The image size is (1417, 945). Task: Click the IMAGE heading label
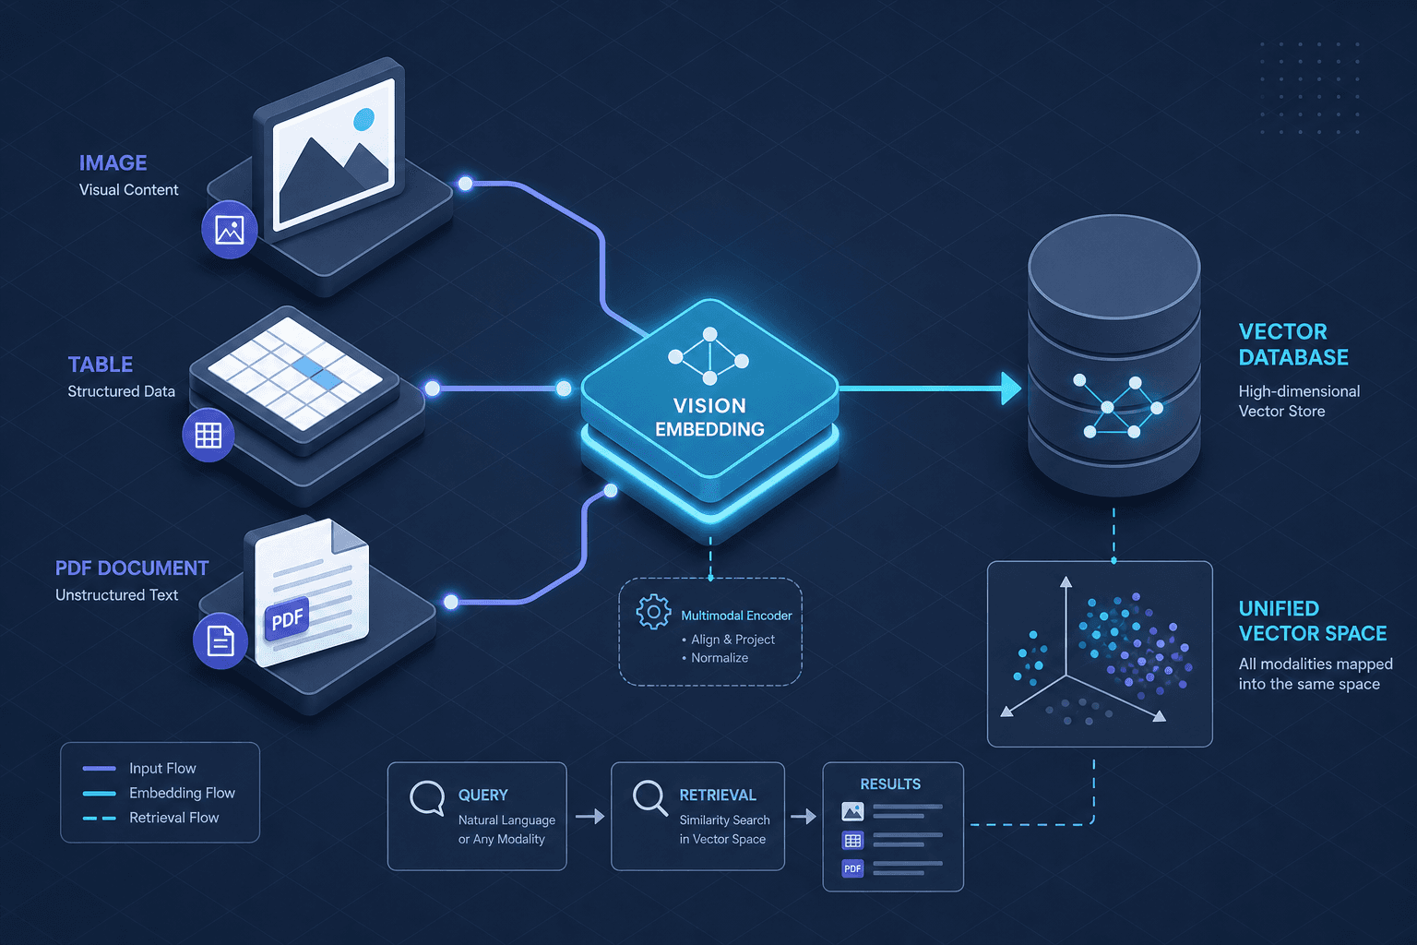113,163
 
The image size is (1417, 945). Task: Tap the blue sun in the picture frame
363,119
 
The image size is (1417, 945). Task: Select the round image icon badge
229,230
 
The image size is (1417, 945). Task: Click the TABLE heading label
100,365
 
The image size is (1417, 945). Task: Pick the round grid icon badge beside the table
208,436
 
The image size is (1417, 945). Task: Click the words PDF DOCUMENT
132,568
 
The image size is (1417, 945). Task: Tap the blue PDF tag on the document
288,618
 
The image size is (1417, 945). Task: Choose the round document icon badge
220,640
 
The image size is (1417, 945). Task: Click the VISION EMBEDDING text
709,418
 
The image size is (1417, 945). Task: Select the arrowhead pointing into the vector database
1011,388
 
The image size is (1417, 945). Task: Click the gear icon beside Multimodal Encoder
653,612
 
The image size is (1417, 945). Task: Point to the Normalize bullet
715,658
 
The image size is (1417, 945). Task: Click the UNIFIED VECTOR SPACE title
1313,621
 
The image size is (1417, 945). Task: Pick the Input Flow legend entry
139,769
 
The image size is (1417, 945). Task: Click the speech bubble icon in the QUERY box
427,798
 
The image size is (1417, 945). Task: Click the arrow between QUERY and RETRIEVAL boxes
589,817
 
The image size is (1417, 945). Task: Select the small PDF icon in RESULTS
852,868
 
